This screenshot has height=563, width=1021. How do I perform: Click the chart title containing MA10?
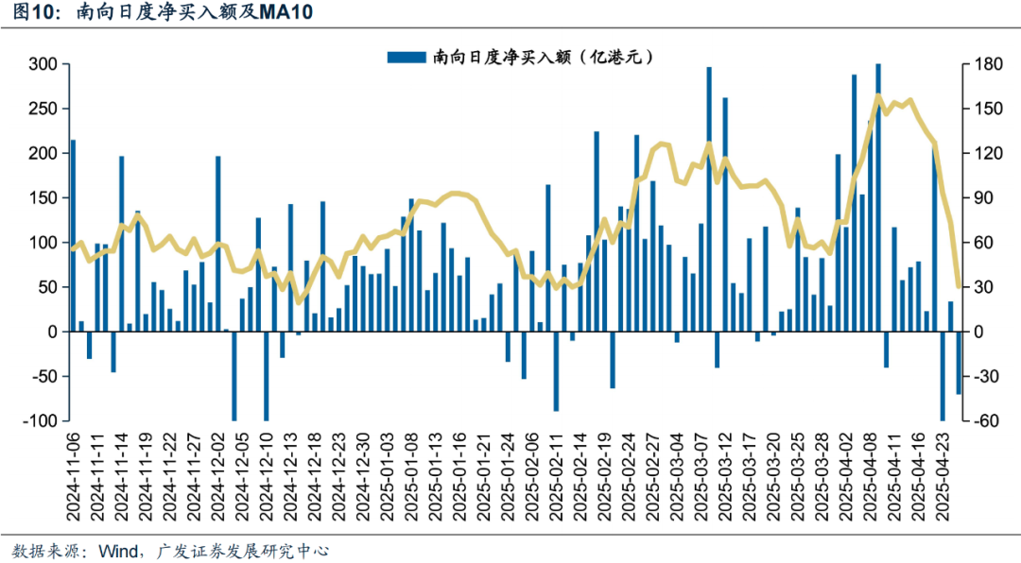click(161, 13)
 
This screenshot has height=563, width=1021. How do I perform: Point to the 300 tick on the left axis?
click(43, 64)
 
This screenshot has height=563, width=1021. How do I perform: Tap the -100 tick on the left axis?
click(41, 421)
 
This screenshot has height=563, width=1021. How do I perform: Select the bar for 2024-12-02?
click(217, 244)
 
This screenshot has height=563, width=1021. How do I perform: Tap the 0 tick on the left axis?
click(53, 332)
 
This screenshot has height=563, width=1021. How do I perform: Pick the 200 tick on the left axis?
click(43, 153)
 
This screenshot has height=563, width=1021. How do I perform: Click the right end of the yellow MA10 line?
click(959, 286)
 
